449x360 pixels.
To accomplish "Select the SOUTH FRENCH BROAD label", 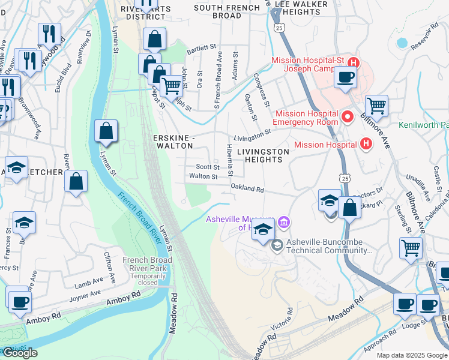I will click(218, 11).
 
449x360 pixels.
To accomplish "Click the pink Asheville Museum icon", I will click(284, 223).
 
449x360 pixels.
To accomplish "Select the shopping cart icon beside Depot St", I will click(172, 87).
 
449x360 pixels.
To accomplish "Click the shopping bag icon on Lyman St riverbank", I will click(106, 131).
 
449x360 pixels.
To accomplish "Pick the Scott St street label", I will click(207, 167).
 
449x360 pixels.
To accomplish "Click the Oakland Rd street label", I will click(247, 188).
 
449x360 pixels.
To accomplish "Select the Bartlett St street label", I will click(201, 47).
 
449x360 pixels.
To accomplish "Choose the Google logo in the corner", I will click(20, 353).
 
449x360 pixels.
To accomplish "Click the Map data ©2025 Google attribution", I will click(411, 355).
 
